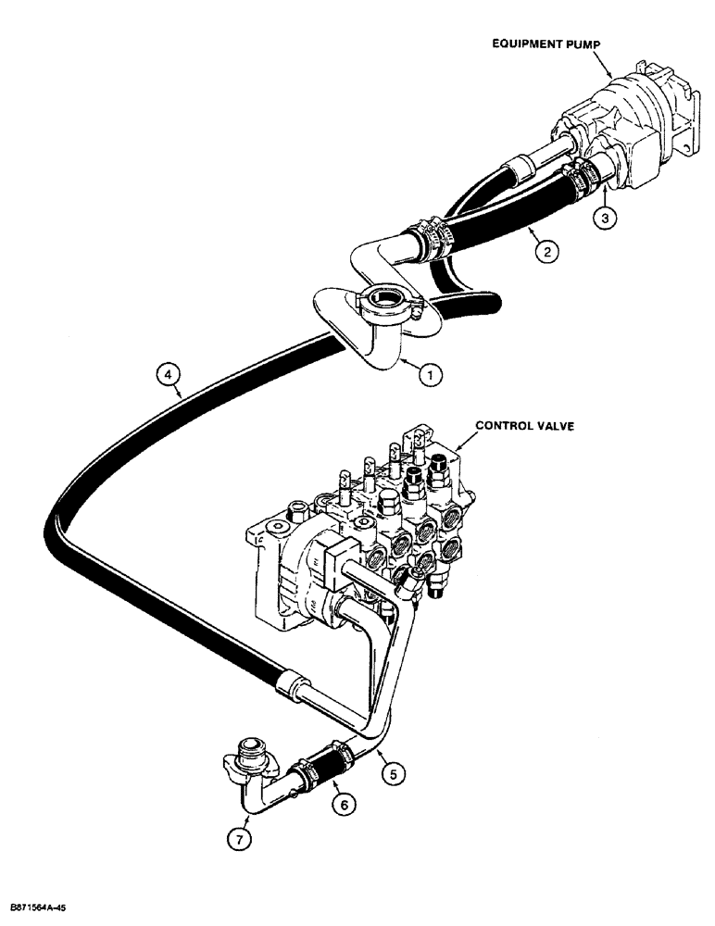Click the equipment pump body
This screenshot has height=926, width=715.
pyautogui.click(x=630, y=120)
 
